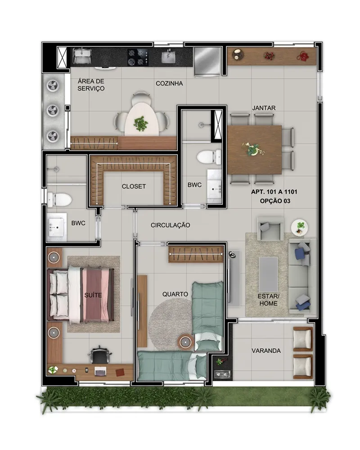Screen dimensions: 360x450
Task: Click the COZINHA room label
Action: (169, 84)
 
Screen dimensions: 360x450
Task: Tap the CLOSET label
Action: (134, 187)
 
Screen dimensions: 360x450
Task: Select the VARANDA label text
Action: (266, 351)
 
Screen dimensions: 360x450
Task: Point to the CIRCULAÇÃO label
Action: (170, 225)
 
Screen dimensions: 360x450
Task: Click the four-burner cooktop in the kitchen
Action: (138, 57)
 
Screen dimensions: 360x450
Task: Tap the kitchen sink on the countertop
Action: (168, 57)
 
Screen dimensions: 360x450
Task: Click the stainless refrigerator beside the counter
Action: (207, 61)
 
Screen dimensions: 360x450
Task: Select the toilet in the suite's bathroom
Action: (59, 199)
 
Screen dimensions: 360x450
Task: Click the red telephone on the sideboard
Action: (302, 56)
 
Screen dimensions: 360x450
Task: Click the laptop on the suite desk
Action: (100, 371)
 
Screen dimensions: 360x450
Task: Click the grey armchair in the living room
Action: (270, 229)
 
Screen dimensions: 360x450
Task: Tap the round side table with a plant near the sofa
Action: (300, 228)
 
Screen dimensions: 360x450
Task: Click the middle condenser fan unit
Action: (54, 110)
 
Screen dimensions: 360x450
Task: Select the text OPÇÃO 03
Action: (275, 201)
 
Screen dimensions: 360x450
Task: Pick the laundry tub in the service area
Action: (82, 56)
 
